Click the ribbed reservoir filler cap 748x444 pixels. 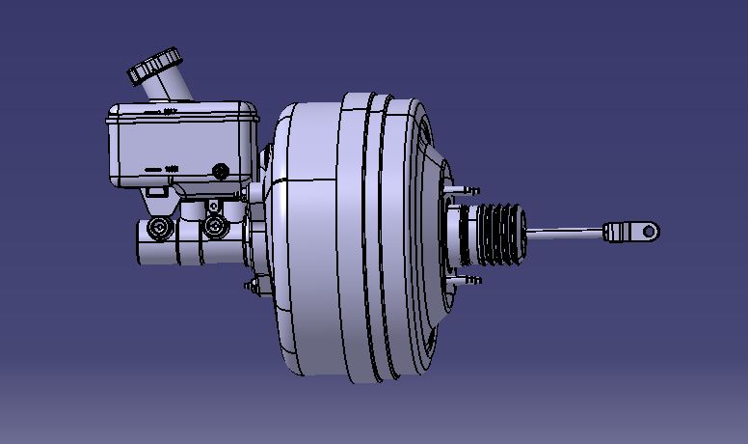pos(154,67)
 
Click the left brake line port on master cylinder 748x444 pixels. pos(156,230)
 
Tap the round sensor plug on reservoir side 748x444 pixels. pos(221,172)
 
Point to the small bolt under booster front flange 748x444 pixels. pos(254,286)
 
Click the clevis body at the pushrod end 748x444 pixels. pos(622,232)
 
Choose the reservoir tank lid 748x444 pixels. pos(183,111)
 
